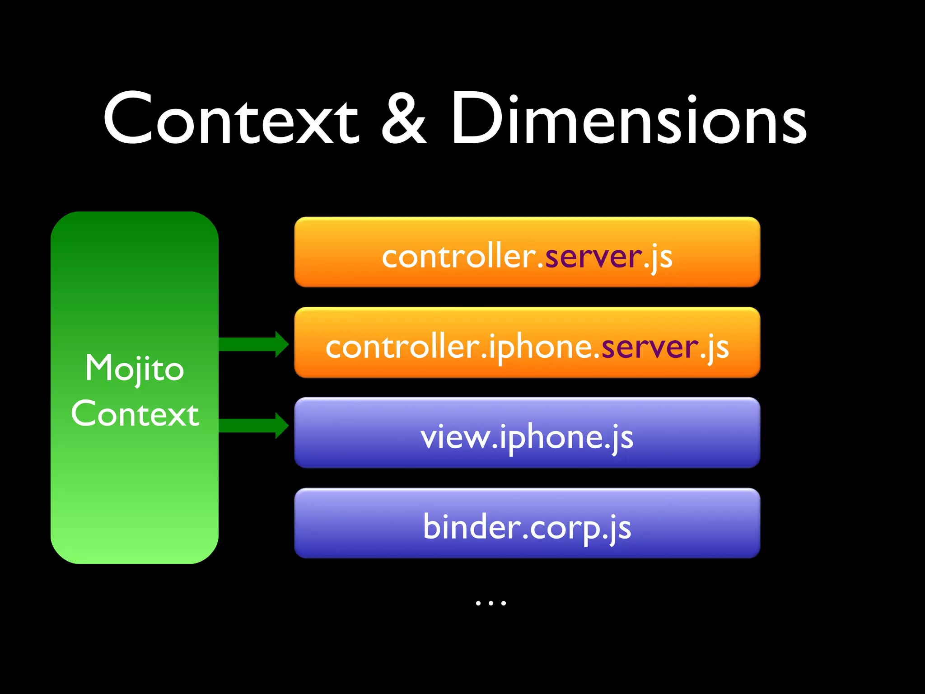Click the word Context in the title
230,118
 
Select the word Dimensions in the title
629,118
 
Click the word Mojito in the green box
135,369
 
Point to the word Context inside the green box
135,414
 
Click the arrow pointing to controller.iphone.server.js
253,344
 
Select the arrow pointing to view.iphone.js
253,425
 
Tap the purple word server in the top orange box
593,257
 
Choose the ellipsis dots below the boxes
491,603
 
